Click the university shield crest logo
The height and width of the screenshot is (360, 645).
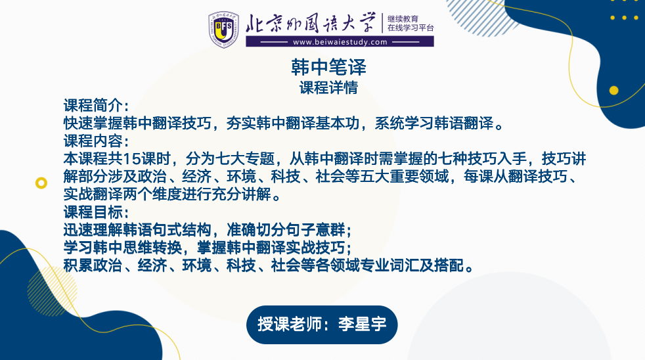pos(224,29)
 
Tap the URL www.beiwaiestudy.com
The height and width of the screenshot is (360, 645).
pos(340,42)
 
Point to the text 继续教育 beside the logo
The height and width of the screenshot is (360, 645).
pos(403,18)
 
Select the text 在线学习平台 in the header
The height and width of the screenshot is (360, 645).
pos(411,28)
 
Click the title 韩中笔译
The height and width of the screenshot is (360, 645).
pos(328,67)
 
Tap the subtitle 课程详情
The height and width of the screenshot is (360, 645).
pos(328,87)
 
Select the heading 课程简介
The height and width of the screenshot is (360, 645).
pos(93,105)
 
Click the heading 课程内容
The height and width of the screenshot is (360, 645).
pos(93,141)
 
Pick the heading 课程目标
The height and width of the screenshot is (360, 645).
pos(93,212)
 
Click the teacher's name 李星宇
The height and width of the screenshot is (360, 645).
pos(362,325)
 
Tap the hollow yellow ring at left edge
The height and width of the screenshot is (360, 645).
pos(41,183)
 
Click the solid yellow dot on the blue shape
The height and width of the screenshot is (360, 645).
pos(613,91)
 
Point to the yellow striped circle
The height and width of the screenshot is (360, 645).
pos(53,291)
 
